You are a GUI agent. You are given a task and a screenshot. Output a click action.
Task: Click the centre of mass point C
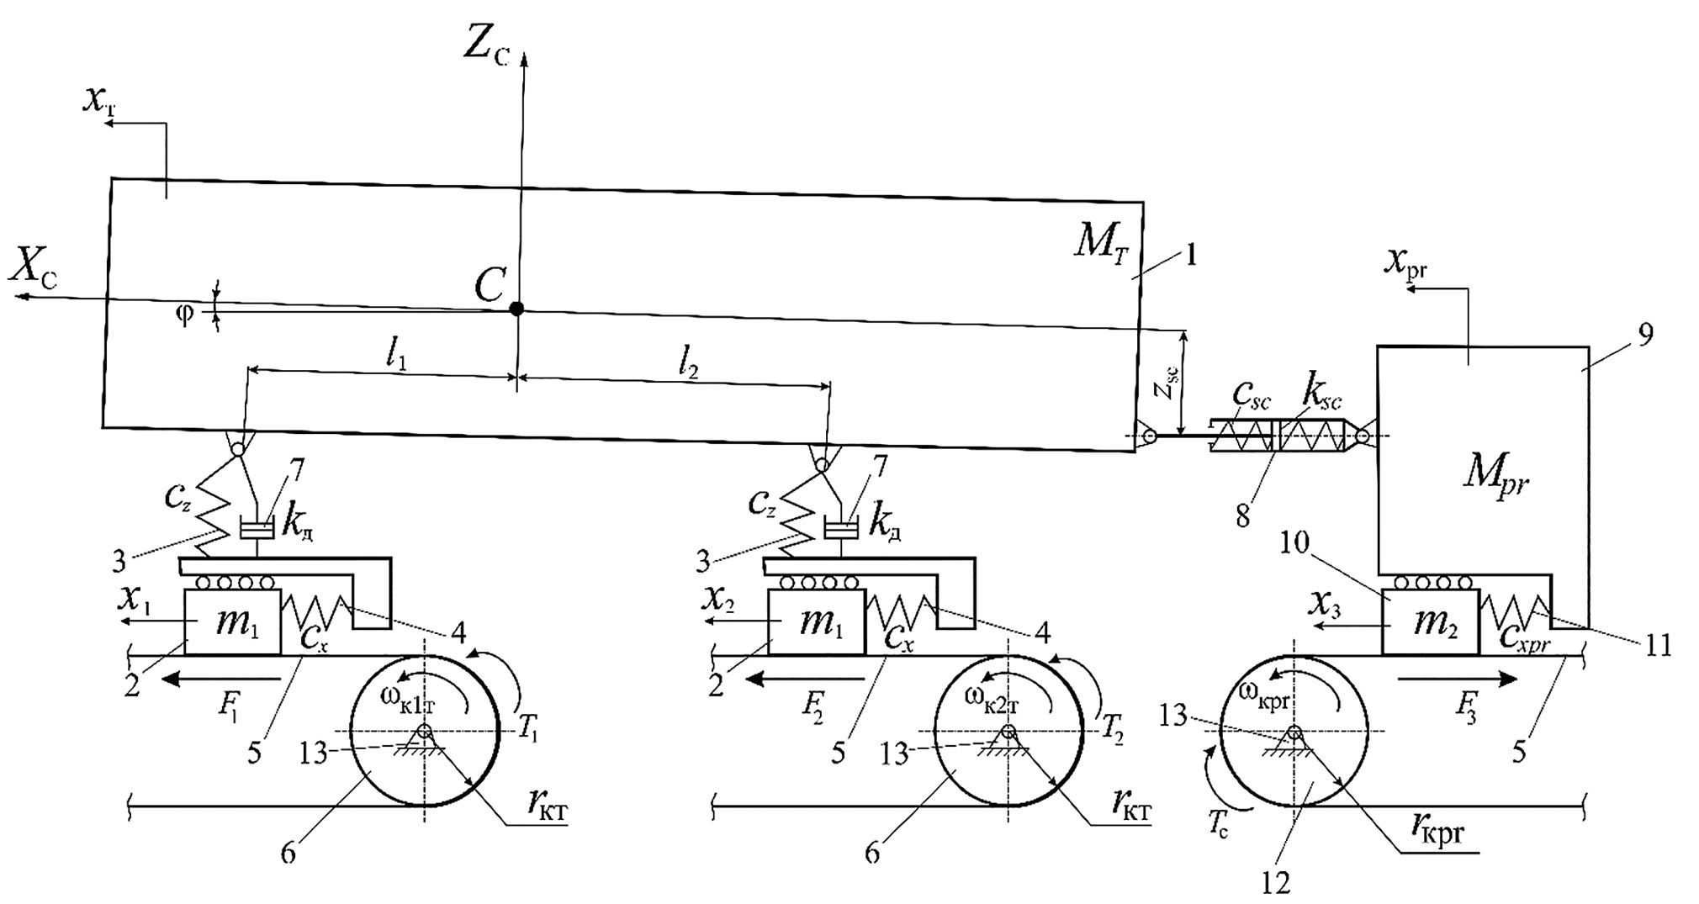tap(516, 309)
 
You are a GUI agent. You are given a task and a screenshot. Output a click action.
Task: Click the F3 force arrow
tap(1458, 679)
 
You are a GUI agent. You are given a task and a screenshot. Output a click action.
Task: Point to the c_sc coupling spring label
tap(1252, 394)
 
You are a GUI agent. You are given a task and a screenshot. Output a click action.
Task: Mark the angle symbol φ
tap(184, 315)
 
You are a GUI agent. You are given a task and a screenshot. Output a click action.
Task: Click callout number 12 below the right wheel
tap(1276, 882)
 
